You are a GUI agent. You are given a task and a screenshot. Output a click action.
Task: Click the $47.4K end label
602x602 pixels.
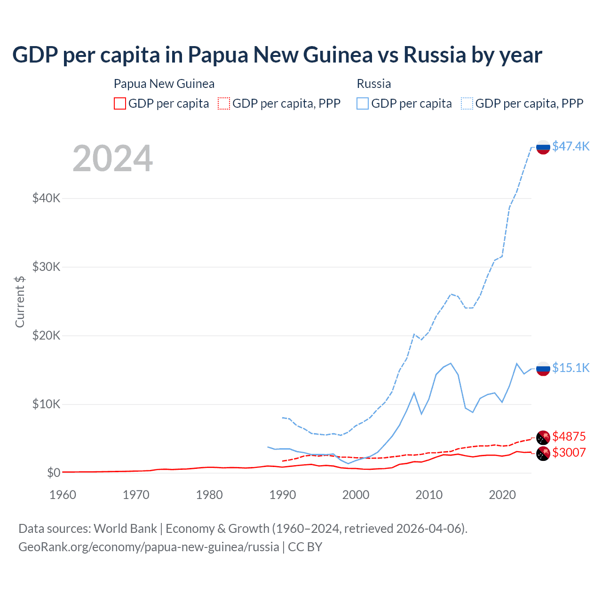pos(570,146)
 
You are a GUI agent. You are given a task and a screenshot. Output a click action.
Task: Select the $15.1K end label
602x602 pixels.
pos(570,368)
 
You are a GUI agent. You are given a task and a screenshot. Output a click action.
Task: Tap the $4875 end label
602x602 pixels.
pos(569,436)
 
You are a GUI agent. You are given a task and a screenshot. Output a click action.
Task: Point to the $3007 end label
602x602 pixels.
pos(569,452)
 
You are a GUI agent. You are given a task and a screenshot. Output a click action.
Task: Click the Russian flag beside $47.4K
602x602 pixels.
pos(543,147)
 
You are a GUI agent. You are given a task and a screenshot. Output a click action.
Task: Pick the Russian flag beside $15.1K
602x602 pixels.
pos(543,369)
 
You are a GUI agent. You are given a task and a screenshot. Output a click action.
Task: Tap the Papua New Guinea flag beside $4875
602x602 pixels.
pos(543,437)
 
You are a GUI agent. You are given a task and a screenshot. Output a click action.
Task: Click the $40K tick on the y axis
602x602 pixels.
pos(46,198)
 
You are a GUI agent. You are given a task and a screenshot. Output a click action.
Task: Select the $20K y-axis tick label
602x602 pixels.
pos(46,335)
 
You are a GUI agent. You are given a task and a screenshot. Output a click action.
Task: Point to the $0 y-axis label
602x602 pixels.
pos(54,473)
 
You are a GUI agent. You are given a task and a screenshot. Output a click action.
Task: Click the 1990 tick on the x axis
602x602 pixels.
pos(283,495)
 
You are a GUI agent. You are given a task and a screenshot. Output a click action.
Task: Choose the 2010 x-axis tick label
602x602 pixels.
pos(429,495)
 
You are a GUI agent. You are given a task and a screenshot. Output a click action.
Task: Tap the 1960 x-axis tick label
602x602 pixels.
pos(63,495)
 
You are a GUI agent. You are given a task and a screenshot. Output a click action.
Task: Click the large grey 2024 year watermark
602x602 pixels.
pos(113,158)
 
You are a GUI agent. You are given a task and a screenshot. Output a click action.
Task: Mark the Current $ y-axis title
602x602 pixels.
pos(20,302)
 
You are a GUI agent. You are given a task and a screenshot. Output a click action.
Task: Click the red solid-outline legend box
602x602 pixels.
pos(120,103)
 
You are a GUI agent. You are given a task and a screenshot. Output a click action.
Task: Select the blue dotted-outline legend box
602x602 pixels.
pos(467,103)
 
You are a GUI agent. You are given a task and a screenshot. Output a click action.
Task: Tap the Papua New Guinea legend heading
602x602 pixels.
pos(164,84)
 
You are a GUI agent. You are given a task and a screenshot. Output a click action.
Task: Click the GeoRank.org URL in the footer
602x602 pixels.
pos(149,547)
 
